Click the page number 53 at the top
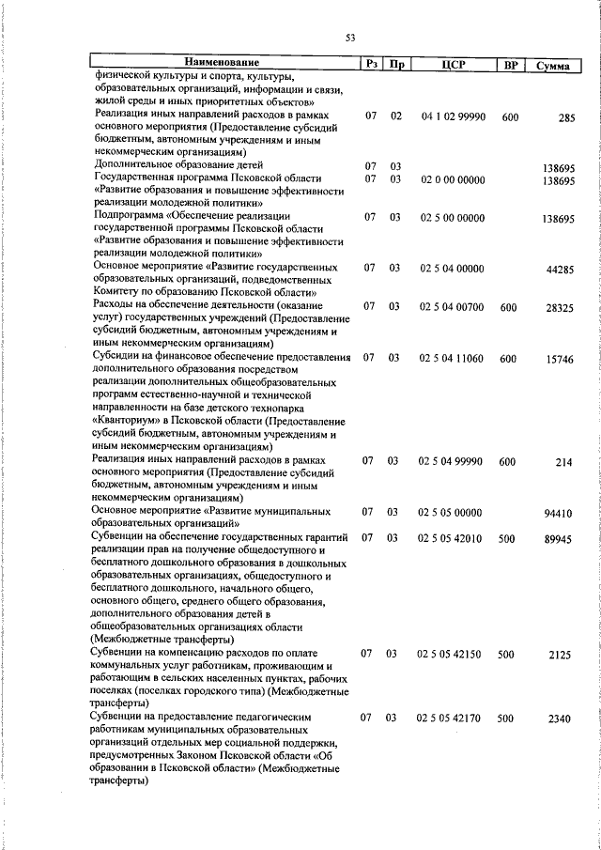pos(349,38)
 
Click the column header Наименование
pos(223,63)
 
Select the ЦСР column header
pos(452,65)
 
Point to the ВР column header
pos(510,65)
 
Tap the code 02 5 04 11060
pos(452,358)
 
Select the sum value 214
pos(563,462)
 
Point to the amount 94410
pos(560,513)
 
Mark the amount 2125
pos(562,655)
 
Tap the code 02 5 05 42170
pos(452,718)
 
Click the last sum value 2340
pos(562,719)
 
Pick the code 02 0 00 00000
pos(452,178)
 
